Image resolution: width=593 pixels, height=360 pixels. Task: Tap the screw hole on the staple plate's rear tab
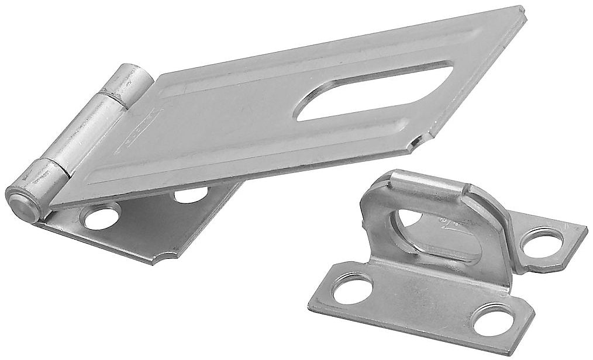(542, 241)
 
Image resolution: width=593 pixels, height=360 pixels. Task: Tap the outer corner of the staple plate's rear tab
(585, 228)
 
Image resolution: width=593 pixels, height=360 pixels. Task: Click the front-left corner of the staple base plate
(311, 304)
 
